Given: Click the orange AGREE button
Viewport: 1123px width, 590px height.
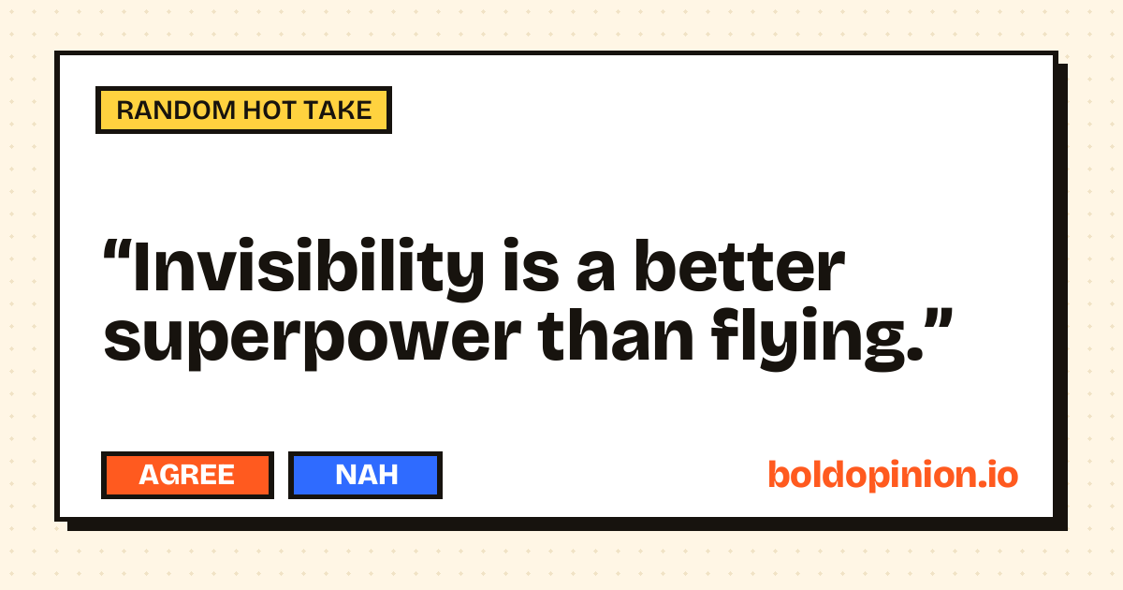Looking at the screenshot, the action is (187, 475).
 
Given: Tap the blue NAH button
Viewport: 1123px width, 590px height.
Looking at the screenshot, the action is (365, 475).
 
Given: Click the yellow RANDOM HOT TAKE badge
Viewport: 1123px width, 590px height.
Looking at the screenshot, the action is (243, 110).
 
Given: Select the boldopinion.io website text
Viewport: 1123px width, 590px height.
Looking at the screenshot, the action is (893, 475).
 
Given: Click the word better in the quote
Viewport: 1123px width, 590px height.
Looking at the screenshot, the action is (739, 266).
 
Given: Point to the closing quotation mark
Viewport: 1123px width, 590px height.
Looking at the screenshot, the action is (937, 319).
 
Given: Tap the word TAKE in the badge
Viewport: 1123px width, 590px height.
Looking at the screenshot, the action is (338, 111).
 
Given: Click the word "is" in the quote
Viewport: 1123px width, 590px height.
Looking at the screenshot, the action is (531, 266).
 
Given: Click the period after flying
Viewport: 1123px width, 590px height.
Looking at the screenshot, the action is (915, 354).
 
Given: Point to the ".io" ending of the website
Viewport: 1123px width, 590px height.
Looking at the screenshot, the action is (998, 475).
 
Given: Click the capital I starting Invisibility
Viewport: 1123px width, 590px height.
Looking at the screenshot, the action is (141, 266).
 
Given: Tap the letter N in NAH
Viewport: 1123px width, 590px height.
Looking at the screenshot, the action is (345, 475).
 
